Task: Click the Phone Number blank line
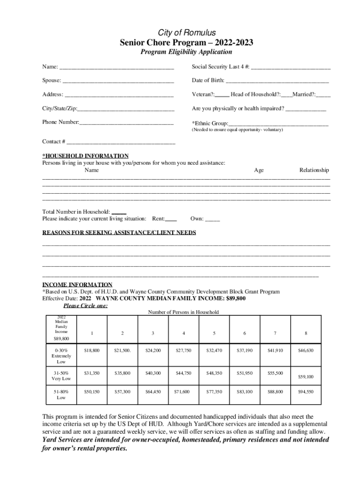[x=127, y=123]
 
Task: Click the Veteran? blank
[x=222, y=95]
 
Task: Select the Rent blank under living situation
[x=171, y=219]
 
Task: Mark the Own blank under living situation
[x=212, y=219]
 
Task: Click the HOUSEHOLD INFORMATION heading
[x=85, y=156]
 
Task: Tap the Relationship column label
[x=314, y=170]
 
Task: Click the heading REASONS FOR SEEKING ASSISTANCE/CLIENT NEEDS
[x=119, y=232]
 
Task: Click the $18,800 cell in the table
[x=92, y=350]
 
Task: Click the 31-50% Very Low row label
[x=61, y=376]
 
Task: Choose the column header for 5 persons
[x=214, y=333]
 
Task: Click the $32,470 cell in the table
[x=214, y=350]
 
